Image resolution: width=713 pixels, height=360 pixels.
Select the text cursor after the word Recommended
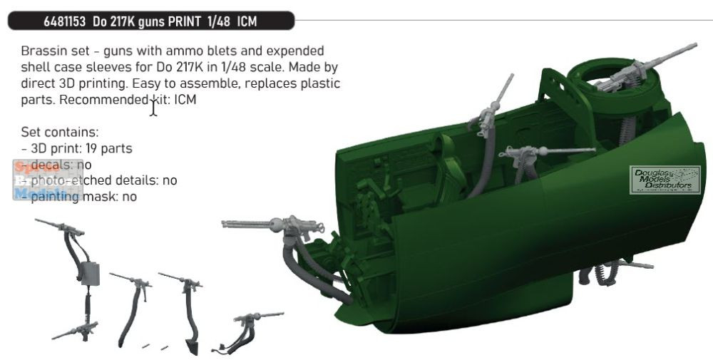pyautogui.click(x=153, y=108)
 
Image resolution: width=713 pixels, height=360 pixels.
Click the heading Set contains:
pyautogui.click(x=60, y=133)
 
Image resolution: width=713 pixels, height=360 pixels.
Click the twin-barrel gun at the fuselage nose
pyautogui.click(x=278, y=226)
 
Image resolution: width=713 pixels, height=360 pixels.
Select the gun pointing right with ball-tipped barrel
pyautogui.click(x=542, y=152)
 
